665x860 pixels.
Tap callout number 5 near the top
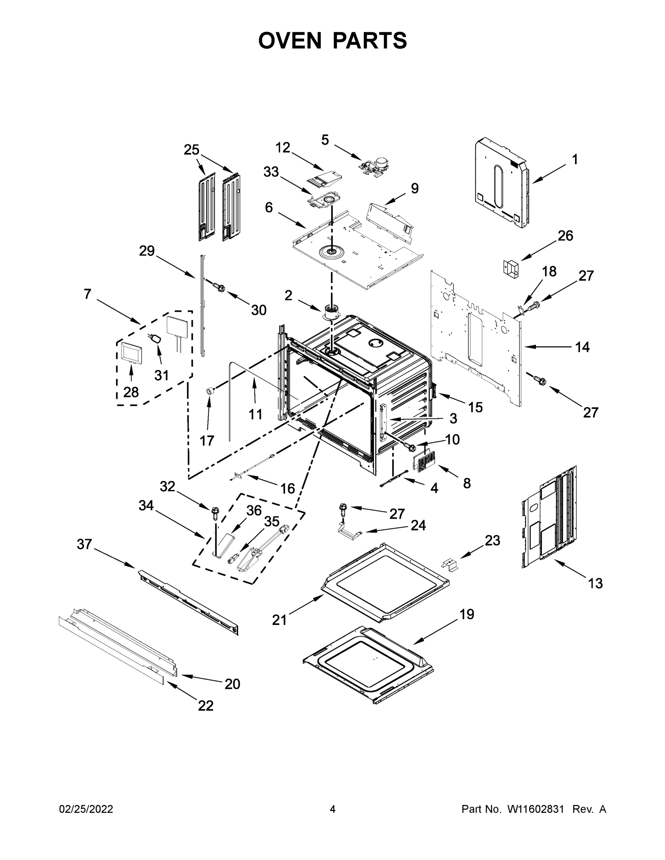tap(325, 139)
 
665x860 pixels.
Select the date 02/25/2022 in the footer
tap(86, 809)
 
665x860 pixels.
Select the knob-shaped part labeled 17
tap(211, 391)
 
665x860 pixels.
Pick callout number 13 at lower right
tap(595, 594)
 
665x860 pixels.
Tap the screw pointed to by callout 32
tap(215, 511)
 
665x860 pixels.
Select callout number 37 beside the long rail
tap(84, 544)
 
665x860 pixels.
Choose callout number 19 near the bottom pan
tap(467, 614)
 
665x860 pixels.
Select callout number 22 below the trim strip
tap(206, 705)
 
